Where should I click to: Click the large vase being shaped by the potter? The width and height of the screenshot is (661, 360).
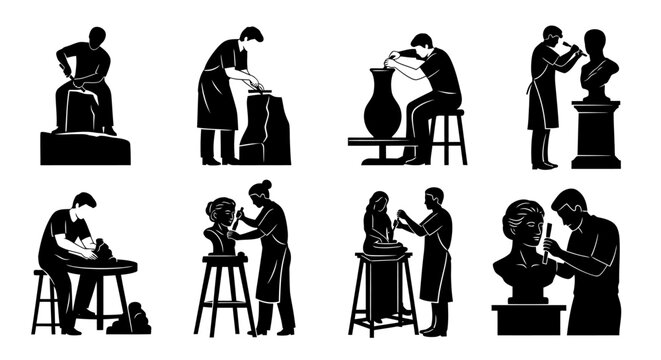pos(382,105)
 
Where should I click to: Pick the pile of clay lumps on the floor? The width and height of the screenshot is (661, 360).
pos(129,320)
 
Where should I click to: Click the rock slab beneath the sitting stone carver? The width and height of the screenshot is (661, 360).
pos(85,147)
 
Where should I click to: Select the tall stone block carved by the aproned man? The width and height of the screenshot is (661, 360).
pos(264,128)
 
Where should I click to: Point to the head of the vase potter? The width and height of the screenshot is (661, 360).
pos(422,45)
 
